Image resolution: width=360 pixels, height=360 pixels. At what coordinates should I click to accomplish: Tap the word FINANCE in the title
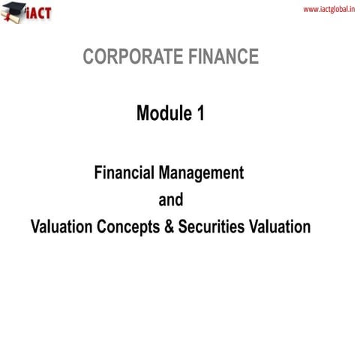[x=223, y=57]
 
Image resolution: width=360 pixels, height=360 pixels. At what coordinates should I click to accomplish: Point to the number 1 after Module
[x=199, y=114]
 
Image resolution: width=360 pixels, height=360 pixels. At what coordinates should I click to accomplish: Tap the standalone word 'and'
[x=170, y=200]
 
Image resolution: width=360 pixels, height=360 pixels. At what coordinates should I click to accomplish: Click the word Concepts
[x=128, y=227]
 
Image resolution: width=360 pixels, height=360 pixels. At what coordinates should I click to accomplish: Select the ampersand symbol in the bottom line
[x=168, y=227]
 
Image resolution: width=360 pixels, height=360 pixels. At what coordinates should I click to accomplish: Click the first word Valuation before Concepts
[x=62, y=227]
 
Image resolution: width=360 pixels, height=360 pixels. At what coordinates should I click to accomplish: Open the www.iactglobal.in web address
[x=328, y=9]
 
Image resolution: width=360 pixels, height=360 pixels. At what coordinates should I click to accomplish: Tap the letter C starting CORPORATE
[x=88, y=57]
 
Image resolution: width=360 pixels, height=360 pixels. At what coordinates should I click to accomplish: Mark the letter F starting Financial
[x=98, y=173]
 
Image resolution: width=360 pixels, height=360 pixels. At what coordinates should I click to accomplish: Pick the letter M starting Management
[x=166, y=173]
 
